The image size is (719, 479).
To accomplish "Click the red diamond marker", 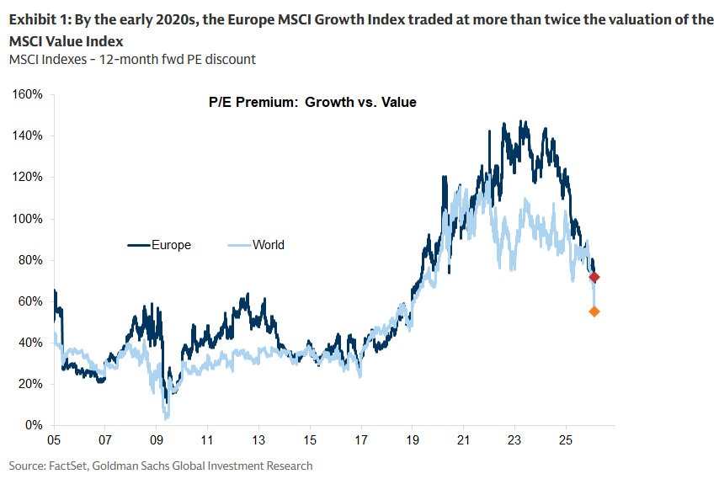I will pos(594,277).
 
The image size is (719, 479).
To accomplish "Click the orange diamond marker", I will pos(594,311).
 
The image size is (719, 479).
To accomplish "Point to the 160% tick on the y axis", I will pos(29,94).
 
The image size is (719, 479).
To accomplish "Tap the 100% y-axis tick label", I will pos(29,218).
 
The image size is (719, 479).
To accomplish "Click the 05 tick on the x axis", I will pos(54,440).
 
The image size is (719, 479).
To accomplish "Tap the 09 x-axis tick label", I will pos(157,440).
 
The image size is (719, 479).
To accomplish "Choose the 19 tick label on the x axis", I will pos(413,440).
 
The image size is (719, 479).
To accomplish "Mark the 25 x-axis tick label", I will pos(566,440).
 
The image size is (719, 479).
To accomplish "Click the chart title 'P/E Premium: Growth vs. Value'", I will pos(312,103).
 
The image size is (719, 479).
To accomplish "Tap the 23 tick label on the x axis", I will pos(515,440).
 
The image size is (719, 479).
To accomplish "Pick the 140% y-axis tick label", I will pos(29,136).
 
